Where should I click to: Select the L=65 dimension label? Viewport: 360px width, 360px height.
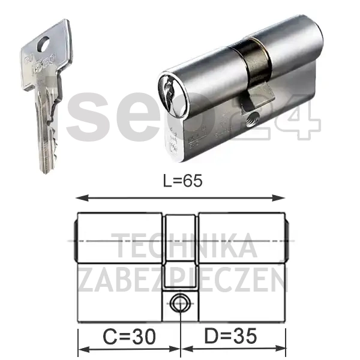point(180,181)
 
